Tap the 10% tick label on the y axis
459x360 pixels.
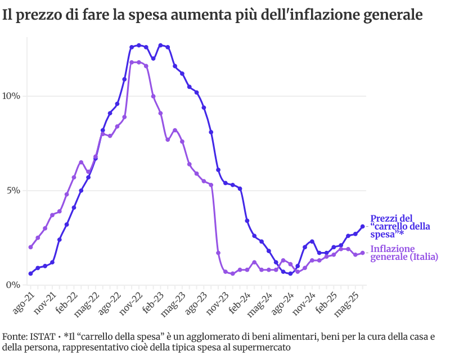click(12, 96)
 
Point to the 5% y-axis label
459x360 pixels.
click(14, 190)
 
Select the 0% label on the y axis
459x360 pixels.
click(14, 285)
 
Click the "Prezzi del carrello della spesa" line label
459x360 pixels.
click(400, 226)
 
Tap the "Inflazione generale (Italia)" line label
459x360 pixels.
click(404, 253)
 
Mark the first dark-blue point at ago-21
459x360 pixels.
click(30, 273)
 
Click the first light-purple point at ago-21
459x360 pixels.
click(30, 247)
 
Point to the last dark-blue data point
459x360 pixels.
click(363, 226)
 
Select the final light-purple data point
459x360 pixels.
click(363, 253)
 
